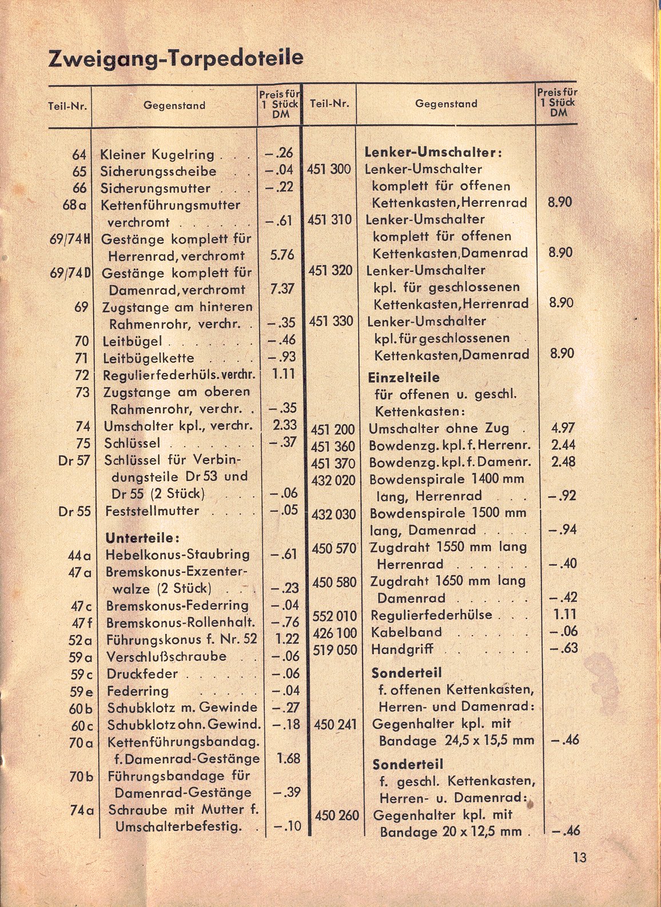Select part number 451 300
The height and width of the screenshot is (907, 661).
tap(329, 169)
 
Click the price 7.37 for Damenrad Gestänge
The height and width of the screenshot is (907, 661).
tap(281, 289)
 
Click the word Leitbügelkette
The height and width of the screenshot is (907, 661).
tap(149, 359)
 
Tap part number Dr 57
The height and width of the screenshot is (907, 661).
tap(74, 460)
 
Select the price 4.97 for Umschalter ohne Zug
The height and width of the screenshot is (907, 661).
tap(563, 428)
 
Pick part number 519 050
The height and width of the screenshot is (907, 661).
tap(335, 650)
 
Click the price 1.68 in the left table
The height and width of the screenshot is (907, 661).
tap(288, 758)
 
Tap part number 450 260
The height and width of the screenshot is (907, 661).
tap(337, 815)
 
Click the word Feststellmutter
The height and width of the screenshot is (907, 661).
tap(152, 511)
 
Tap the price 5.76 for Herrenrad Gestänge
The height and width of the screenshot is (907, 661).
tap(281, 255)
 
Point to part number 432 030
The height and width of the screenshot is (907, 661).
tap(334, 514)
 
